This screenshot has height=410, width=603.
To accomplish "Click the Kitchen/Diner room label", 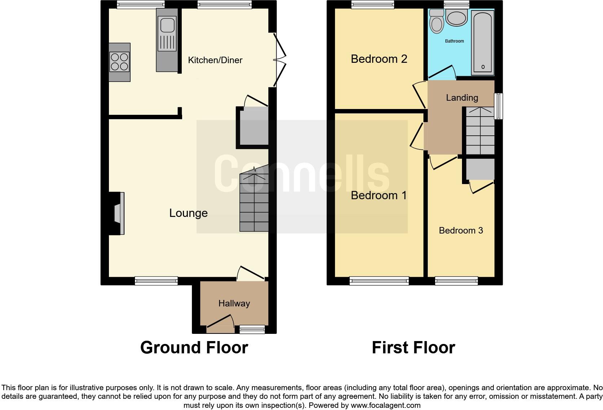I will pos(215,60).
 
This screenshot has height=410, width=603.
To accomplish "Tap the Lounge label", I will pos(188,213).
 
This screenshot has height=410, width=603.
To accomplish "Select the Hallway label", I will pos(234,303).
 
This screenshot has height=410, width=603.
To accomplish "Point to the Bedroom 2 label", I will pos(379,58).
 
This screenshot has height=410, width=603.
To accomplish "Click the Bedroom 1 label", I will pos(379,195).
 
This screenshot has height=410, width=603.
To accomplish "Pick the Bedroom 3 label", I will pos(461,230).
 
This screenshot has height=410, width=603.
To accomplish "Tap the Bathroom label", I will pos(454,41).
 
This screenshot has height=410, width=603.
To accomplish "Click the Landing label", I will pos(462,97).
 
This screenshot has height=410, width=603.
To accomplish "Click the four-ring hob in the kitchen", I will pos(119,62).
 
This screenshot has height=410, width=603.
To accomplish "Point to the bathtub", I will pos(483,43).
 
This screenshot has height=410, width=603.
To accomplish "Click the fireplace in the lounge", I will pos(118,213).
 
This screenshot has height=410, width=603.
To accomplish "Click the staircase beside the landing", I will pos(480,131).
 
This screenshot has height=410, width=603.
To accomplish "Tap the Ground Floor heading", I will pos(194,348).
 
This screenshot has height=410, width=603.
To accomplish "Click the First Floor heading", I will pos(413,348).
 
